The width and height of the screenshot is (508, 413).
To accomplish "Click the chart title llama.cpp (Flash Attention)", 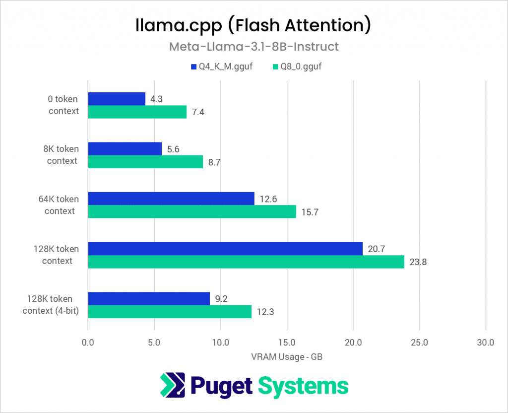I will point(254,26).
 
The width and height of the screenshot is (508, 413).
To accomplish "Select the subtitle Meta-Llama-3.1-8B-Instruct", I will point(254,47).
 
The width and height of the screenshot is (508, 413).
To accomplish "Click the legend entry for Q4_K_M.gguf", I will point(221,66).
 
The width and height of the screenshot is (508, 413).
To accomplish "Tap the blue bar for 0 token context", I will point(117,99).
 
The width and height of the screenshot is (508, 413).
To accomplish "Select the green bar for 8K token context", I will point(145,162).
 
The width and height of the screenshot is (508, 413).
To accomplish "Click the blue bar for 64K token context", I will point(171,199).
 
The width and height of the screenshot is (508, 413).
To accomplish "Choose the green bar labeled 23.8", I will point(246,262).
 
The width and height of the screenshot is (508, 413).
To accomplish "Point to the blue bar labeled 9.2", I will point(149,299).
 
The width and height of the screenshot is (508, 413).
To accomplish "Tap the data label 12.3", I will point(263,312).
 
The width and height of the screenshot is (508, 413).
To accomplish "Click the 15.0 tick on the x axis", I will point(287,342).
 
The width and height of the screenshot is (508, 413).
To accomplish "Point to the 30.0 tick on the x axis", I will point(485,342).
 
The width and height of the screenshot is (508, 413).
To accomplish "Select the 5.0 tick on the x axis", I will point(154,342).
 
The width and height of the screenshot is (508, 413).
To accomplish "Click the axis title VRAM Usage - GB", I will point(286,356).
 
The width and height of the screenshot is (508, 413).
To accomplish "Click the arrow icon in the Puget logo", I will point(172,386).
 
